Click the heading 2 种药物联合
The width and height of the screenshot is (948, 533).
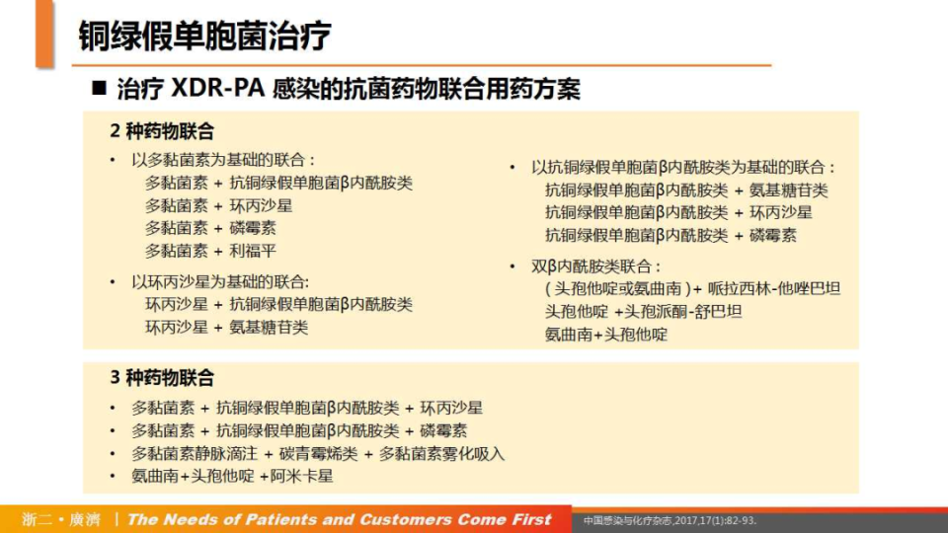pos(161,131)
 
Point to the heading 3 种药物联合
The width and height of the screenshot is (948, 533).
pos(161,378)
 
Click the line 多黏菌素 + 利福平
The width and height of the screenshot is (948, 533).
pos(211,251)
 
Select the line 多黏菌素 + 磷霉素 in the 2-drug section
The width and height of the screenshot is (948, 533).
pos(211,228)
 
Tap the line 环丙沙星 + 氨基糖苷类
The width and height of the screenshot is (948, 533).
pos(227,327)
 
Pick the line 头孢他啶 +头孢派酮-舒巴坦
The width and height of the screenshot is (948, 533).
pos(643,311)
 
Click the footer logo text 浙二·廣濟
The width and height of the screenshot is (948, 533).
pos(60,519)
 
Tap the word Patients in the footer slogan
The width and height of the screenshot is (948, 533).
pos(268,519)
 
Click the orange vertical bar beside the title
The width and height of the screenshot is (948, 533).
pos(44,35)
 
